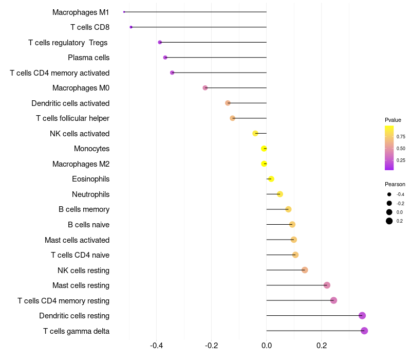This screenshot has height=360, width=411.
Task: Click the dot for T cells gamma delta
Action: (x=364, y=331)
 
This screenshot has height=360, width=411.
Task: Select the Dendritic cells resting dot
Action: (x=362, y=315)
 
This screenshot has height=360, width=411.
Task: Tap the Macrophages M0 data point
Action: (x=205, y=88)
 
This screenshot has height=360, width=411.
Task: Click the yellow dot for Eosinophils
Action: (x=271, y=179)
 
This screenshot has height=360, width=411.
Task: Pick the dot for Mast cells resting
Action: (x=327, y=285)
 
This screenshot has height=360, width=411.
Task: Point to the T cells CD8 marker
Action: (x=131, y=27)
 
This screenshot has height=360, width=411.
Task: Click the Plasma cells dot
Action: (x=165, y=58)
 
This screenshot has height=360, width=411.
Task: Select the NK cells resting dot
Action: (x=305, y=270)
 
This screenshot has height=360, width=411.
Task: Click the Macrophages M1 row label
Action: (x=81, y=12)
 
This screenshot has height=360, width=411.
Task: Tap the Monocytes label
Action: (x=91, y=149)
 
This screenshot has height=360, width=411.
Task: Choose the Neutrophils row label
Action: (x=90, y=194)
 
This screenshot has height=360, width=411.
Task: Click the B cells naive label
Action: (x=88, y=225)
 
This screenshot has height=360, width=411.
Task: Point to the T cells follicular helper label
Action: (x=72, y=118)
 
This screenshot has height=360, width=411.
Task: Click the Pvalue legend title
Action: (x=393, y=120)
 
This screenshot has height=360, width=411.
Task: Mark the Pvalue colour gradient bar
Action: (x=389, y=148)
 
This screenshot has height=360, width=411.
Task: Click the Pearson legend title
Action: (x=395, y=184)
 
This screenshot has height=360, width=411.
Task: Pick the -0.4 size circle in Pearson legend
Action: (x=389, y=194)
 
